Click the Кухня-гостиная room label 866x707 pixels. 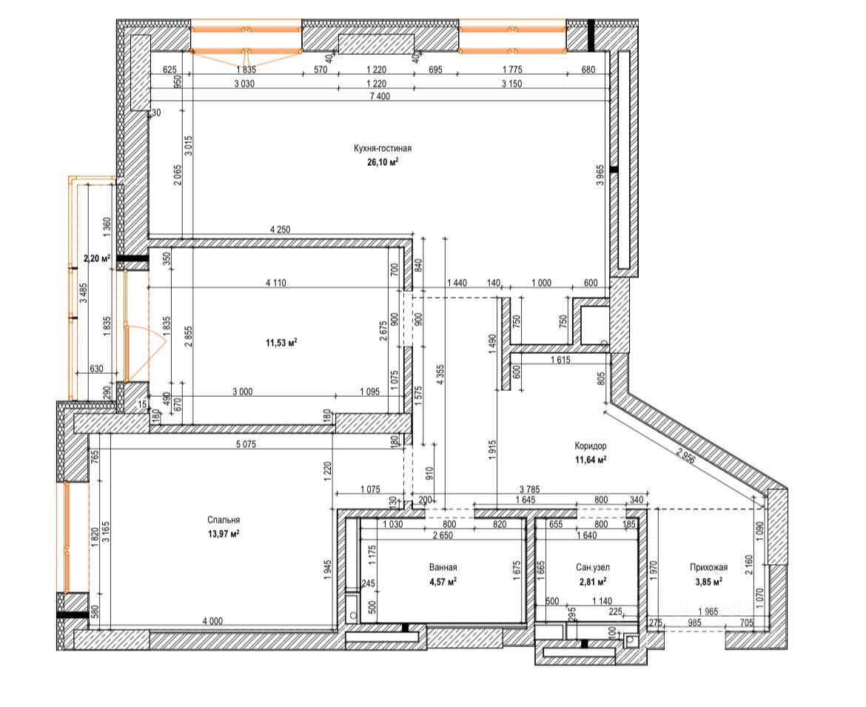(383, 149)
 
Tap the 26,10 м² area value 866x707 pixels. (383, 162)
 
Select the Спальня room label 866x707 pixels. (224, 520)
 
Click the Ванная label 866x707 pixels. (443, 567)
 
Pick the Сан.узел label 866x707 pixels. (593, 567)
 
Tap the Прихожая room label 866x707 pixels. (708, 567)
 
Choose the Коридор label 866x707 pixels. (591, 446)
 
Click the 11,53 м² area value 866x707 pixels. (282, 343)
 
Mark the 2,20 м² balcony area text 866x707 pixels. (97, 258)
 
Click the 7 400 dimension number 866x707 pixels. (380, 96)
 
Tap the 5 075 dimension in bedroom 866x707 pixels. (245, 444)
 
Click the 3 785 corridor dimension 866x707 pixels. (530, 489)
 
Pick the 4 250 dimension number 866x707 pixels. (280, 229)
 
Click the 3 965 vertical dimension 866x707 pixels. (600, 175)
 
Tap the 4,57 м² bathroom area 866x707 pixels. (443, 582)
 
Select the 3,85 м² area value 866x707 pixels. (708, 582)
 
